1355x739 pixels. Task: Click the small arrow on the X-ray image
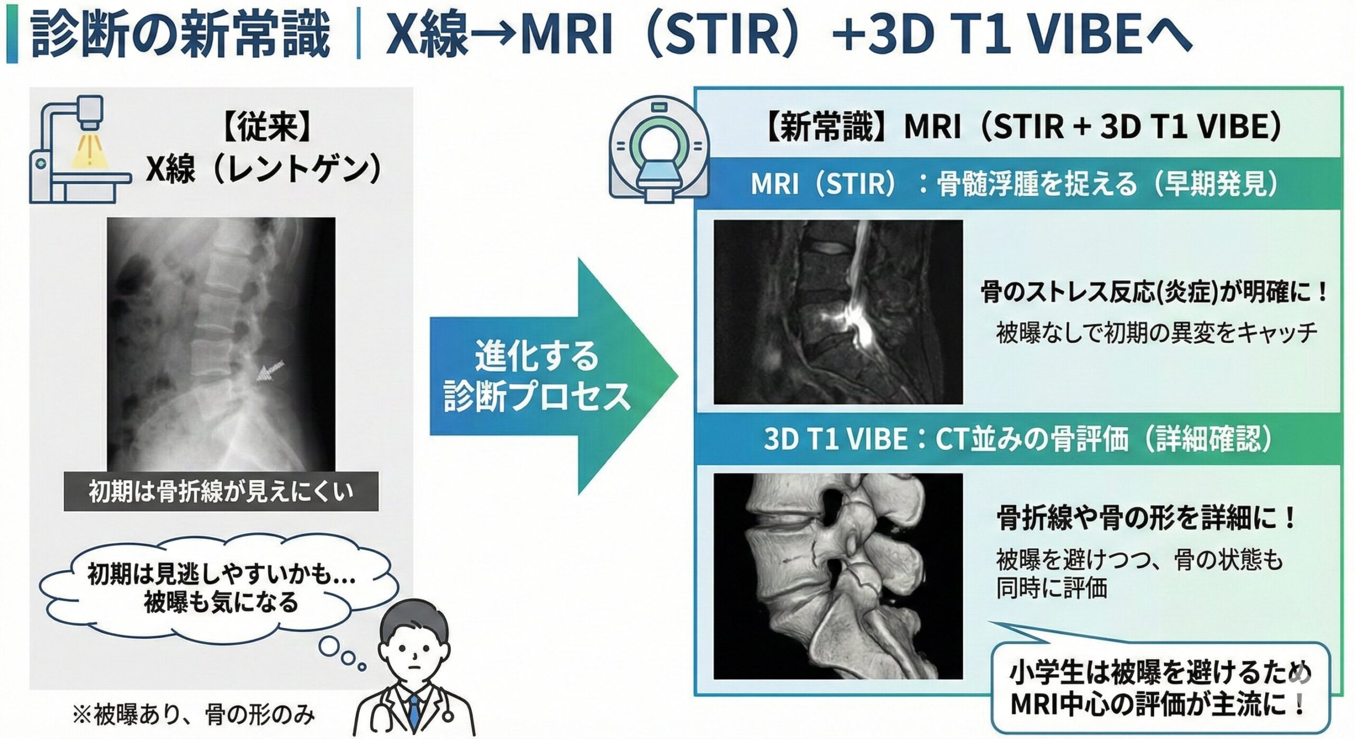point(270,371)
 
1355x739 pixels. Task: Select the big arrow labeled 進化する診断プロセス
point(550,376)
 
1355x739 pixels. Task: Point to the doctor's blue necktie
point(414,713)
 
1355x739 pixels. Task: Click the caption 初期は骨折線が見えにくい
point(221,491)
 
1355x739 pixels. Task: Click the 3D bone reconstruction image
point(837,576)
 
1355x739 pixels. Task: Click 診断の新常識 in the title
point(180,35)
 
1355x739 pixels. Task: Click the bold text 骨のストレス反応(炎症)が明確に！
point(1154,292)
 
